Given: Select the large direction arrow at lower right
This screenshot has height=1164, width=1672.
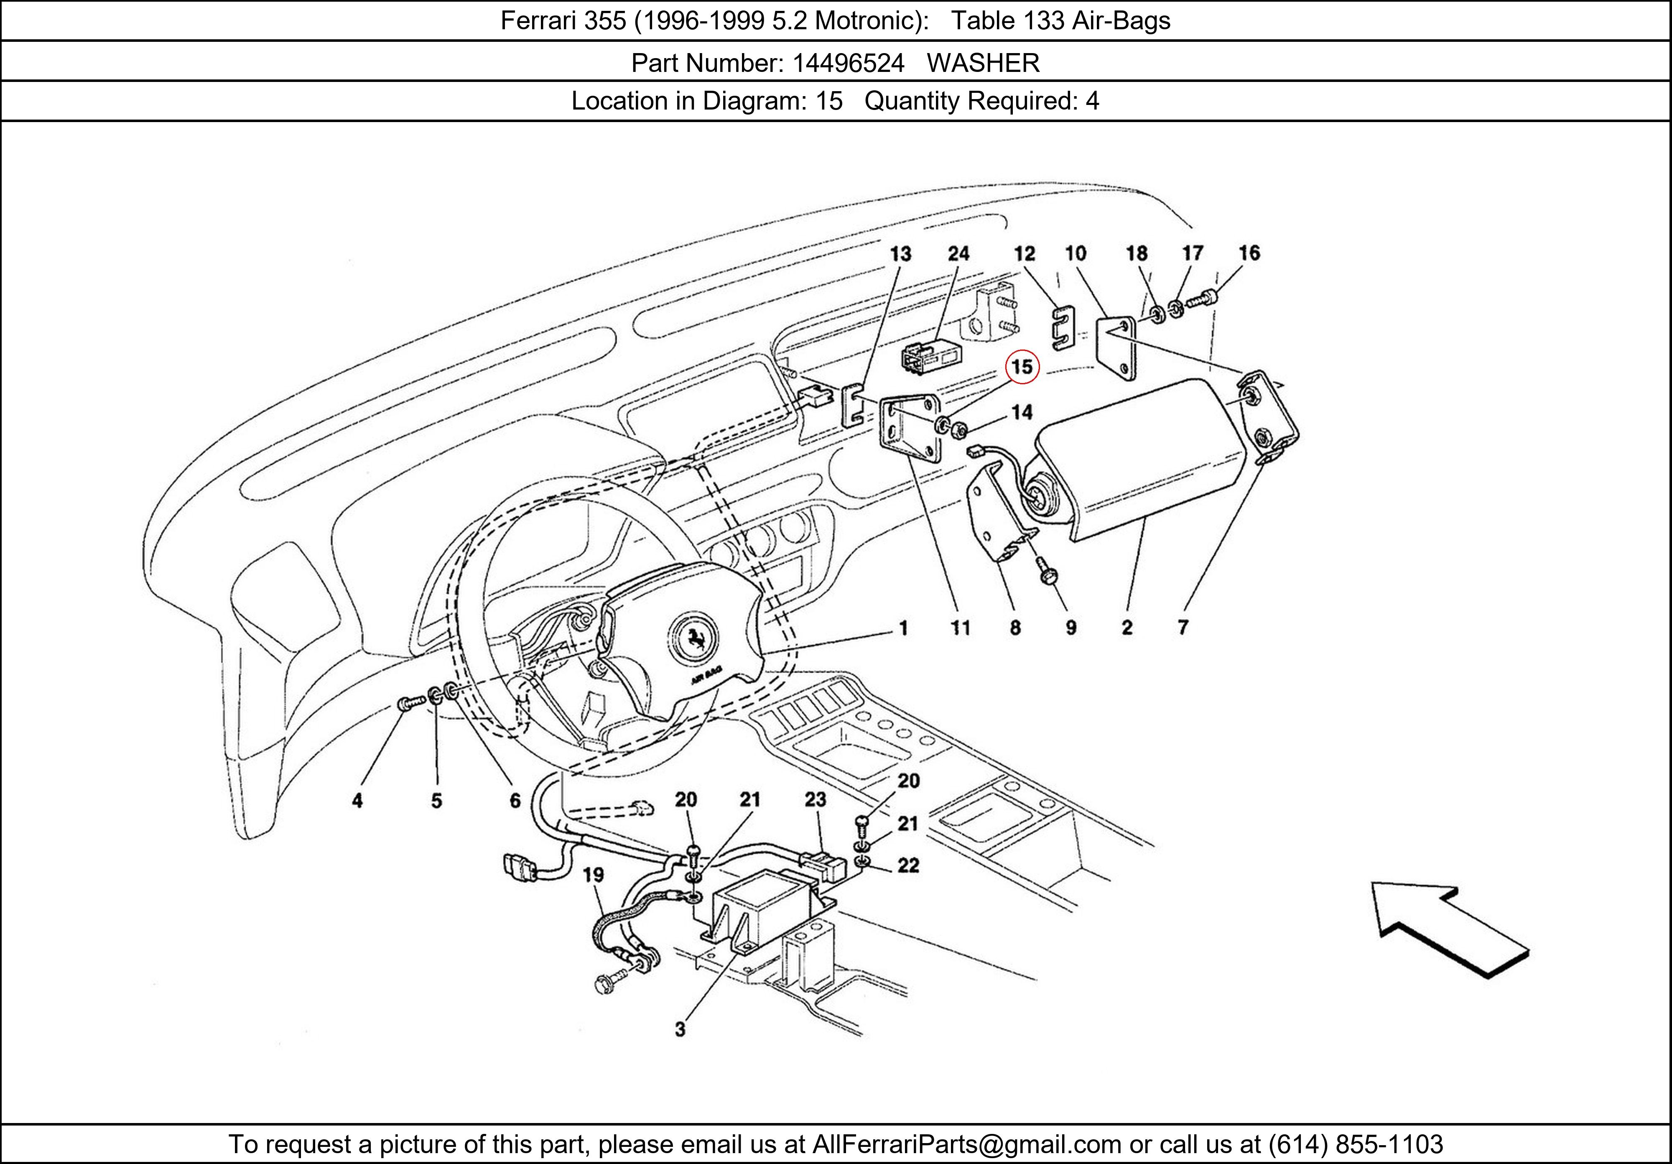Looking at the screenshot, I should pyautogui.click(x=1449, y=928).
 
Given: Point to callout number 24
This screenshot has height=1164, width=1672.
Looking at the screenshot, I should pyautogui.click(x=958, y=253).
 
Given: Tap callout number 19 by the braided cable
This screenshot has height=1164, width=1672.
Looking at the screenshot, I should pyautogui.click(x=594, y=875).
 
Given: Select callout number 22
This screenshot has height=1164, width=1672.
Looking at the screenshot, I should pyautogui.click(x=908, y=865).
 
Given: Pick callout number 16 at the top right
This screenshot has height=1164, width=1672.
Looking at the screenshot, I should pyautogui.click(x=1249, y=253).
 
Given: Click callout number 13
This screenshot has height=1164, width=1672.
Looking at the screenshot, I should pyautogui.click(x=901, y=253).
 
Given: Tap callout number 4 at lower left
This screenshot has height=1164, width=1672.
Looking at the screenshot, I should pyautogui.click(x=357, y=801).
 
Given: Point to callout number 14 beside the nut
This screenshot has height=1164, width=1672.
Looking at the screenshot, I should pyautogui.click(x=1022, y=413).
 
